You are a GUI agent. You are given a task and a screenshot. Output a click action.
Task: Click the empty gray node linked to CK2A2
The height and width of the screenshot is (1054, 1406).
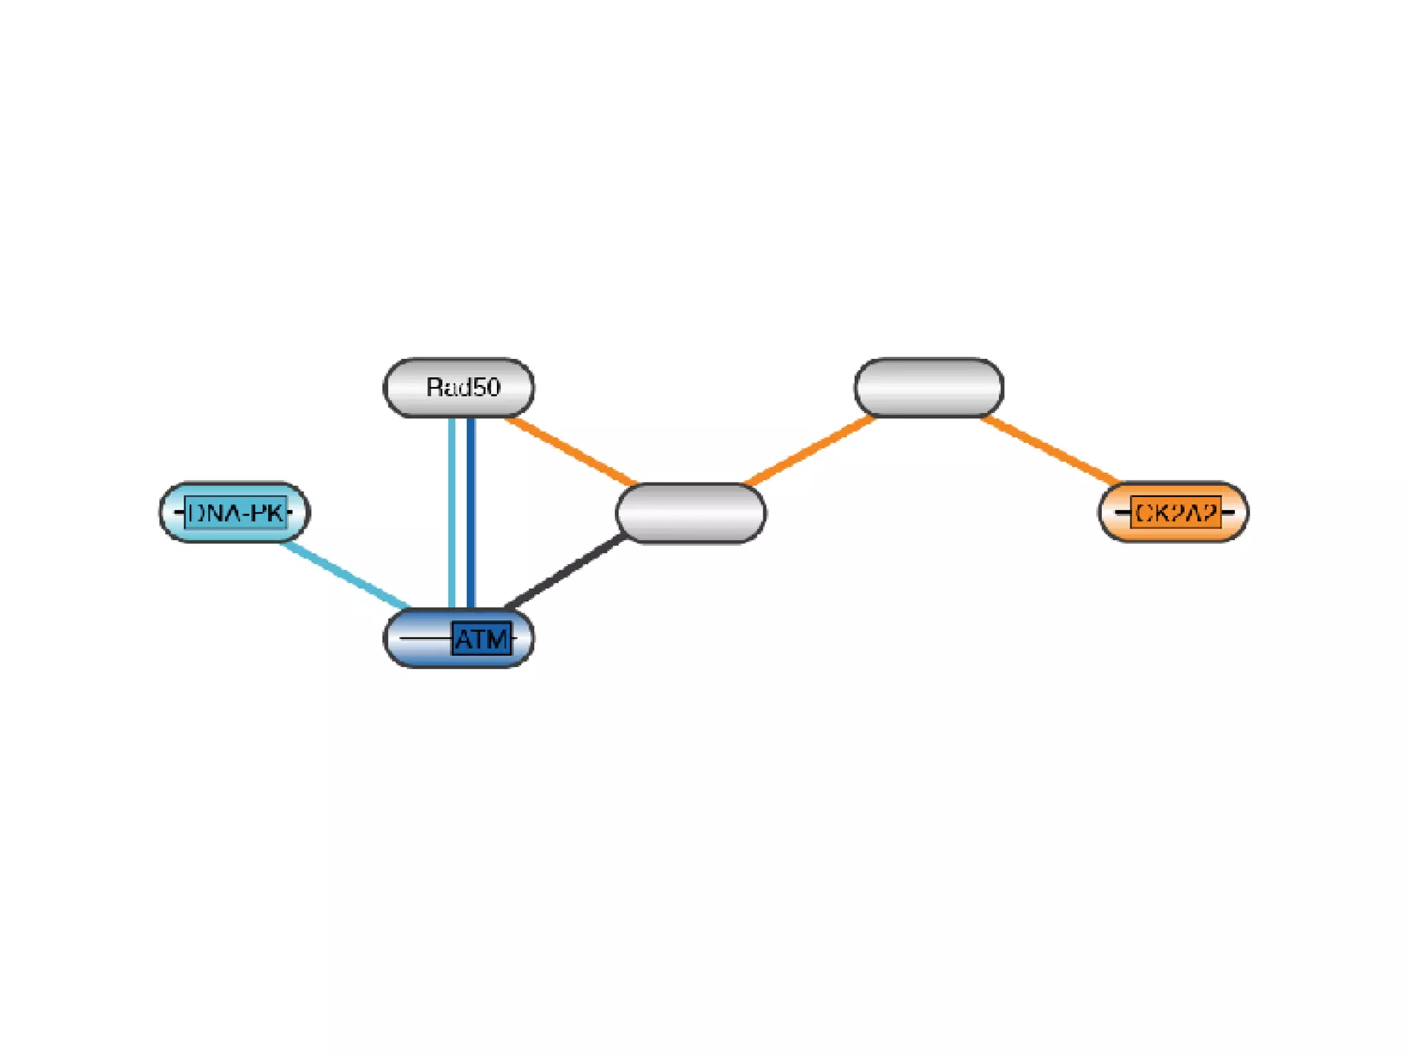click(929, 388)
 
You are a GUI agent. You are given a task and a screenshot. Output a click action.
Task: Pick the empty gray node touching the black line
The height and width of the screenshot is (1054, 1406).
click(691, 513)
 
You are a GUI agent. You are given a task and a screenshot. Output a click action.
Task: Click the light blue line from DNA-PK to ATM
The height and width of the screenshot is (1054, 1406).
click(347, 575)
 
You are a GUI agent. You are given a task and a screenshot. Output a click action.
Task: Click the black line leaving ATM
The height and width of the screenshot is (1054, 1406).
click(564, 572)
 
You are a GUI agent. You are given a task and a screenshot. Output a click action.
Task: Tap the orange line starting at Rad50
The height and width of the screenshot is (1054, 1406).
click(571, 450)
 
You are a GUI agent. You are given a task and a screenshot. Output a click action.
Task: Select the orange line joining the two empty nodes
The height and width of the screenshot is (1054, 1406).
click(810, 450)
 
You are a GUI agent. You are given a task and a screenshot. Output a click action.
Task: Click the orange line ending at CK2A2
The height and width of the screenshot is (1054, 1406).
click(1050, 450)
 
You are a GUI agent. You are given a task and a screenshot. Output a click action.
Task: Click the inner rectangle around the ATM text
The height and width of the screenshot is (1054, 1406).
click(481, 639)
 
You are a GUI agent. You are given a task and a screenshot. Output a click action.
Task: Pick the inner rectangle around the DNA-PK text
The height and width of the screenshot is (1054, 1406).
click(235, 513)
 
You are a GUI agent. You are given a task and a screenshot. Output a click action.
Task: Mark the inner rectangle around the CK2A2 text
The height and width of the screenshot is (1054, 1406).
click(1175, 513)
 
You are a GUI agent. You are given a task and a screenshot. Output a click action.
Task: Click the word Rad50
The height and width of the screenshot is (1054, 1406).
click(463, 388)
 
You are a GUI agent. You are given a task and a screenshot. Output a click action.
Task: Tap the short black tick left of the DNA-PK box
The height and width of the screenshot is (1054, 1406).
click(179, 513)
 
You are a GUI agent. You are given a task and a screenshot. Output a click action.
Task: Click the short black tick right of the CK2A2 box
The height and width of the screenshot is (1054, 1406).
click(1228, 513)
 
